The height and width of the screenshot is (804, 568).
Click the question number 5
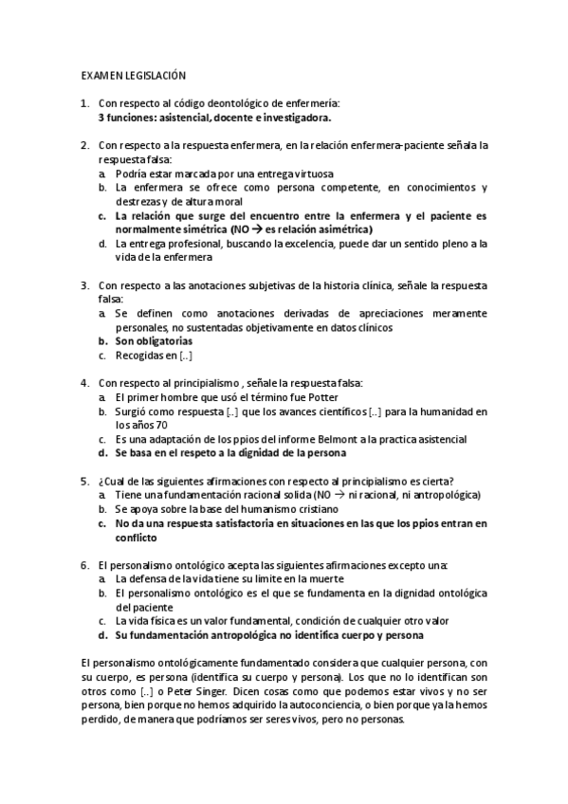click(84, 480)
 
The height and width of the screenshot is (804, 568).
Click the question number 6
click(84, 564)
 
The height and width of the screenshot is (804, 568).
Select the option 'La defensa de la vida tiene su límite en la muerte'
click(229, 578)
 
